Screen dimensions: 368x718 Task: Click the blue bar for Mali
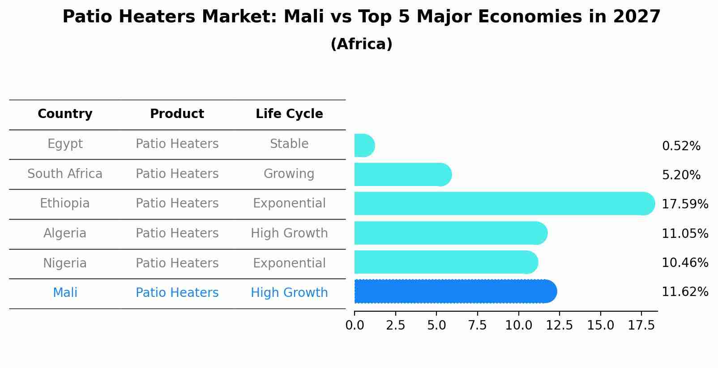point(454,292)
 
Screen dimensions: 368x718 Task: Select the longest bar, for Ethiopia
point(504,203)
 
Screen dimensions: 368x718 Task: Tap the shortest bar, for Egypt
point(364,145)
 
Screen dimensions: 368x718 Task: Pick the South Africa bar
point(402,174)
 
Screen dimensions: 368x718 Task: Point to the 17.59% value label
point(684,204)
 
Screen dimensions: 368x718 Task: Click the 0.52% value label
point(681,146)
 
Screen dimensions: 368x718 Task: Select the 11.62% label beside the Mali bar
point(684,292)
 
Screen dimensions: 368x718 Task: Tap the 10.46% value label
point(684,263)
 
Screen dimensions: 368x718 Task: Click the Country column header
point(65,114)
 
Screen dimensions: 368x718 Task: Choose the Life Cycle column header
point(289,114)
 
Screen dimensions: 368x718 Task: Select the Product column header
point(177,114)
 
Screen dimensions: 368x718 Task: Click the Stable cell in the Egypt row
point(289,144)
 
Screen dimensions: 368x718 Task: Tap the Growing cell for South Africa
point(289,173)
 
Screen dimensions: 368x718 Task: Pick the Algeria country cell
point(65,233)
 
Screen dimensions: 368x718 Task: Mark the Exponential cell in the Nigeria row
point(289,263)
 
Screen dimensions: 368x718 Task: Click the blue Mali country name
point(65,293)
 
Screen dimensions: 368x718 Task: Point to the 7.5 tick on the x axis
point(477,325)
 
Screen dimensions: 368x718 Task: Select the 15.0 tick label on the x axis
point(600,325)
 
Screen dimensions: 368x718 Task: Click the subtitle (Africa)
point(361,44)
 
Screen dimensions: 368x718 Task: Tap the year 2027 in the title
point(637,17)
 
